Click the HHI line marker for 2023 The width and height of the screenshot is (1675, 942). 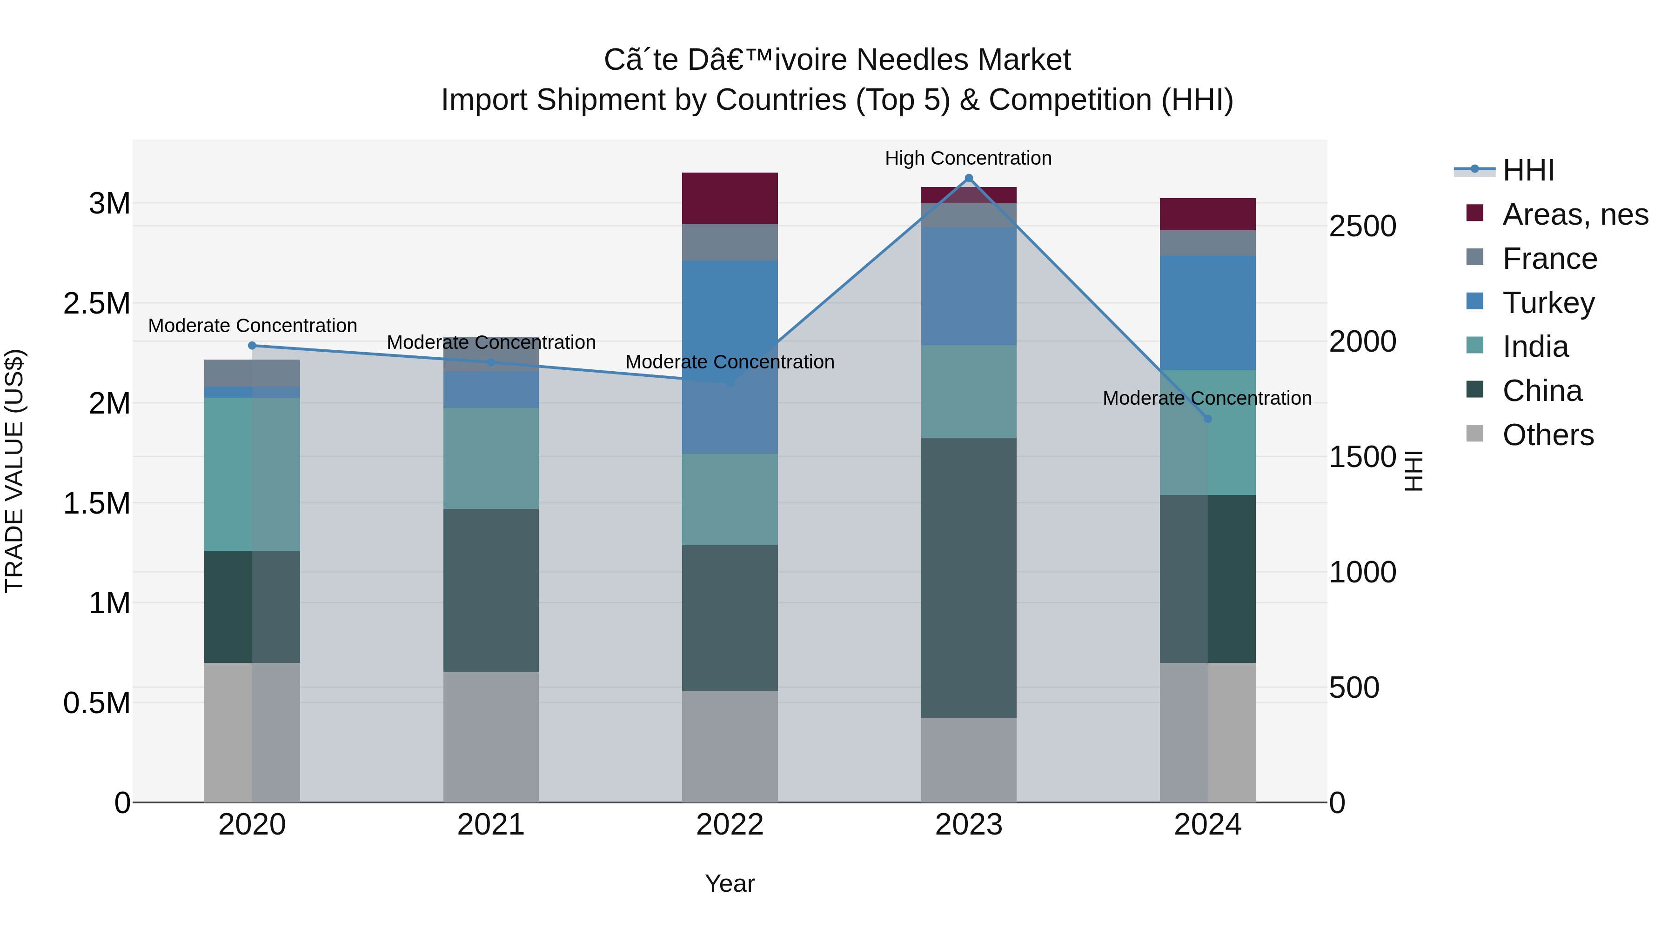(968, 178)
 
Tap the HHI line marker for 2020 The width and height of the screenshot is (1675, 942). (252, 345)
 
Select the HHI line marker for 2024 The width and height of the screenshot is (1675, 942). (1207, 419)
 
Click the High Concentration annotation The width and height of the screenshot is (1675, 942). (968, 158)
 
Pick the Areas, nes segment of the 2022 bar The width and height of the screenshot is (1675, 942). (730, 198)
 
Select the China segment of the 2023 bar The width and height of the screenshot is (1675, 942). (968, 577)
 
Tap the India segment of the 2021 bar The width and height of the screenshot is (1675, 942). (491, 458)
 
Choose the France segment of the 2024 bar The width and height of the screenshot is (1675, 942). (1207, 243)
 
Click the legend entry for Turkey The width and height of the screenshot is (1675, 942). (1548, 303)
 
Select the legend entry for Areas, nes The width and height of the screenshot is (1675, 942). (1574, 214)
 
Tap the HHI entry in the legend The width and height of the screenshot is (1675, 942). (1528, 170)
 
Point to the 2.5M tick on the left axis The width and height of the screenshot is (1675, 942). (96, 304)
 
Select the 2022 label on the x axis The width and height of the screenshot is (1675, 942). (730, 825)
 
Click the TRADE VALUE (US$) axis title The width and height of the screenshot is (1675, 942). (14, 471)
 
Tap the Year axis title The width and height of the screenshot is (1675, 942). (730, 883)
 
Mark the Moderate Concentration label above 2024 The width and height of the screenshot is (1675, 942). (1207, 398)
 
